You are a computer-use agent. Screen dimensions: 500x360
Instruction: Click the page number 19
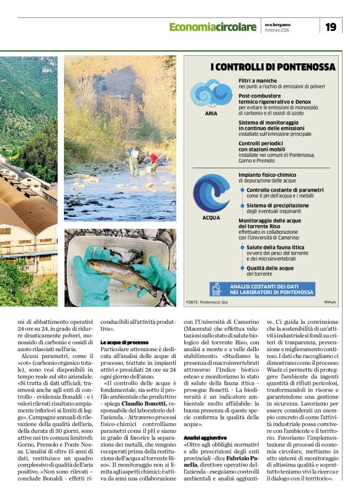click(x=331, y=27)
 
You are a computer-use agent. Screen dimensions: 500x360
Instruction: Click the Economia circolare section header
click(x=212, y=27)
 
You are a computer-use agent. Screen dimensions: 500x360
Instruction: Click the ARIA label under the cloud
click(x=211, y=114)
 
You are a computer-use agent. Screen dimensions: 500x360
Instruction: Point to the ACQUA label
click(x=211, y=218)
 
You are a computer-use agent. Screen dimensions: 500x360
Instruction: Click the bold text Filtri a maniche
click(x=258, y=81)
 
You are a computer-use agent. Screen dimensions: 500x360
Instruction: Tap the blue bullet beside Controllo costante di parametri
click(x=243, y=190)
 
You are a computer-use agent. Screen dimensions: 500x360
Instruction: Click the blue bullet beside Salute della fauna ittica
click(x=243, y=247)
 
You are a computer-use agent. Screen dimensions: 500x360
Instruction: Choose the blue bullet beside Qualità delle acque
click(x=243, y=268)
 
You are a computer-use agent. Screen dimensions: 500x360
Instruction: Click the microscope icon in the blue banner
click(x=216, y=288)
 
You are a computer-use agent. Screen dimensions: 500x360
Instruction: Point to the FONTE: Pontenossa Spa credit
click(x=207, y=302)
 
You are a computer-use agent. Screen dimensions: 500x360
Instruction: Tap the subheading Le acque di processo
click(x=124, y=342)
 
